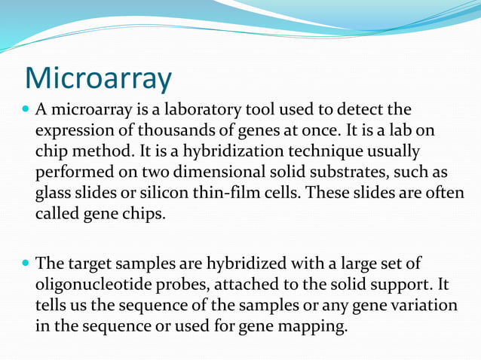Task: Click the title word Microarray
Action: pyautogui.click(x=98, y=78)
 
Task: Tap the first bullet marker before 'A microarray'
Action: pyautogui.click(x=28, y=111)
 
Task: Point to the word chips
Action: pyautogui.click(x=146, y=213)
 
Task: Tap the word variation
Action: pyautogui.click(x=423, y=307)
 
